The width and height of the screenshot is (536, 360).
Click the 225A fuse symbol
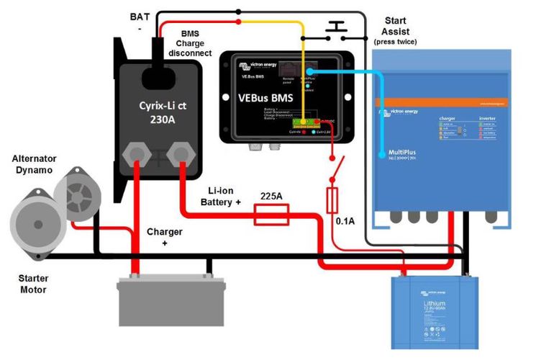(x=272, y=214)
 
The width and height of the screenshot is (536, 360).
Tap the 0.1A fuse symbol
(x=332, y=200)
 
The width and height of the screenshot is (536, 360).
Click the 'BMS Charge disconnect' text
(x=193, y=42)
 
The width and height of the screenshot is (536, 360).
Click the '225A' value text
(x=271, y=194)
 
